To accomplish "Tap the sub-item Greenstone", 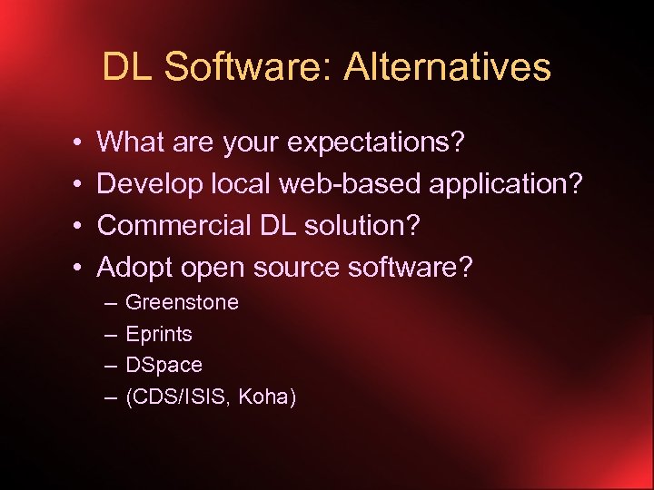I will point(182,302).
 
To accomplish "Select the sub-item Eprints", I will point(159,334).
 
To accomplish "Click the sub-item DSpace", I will point(163,365).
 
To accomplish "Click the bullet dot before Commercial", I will point(80,226).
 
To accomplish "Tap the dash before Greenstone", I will point(110,302).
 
